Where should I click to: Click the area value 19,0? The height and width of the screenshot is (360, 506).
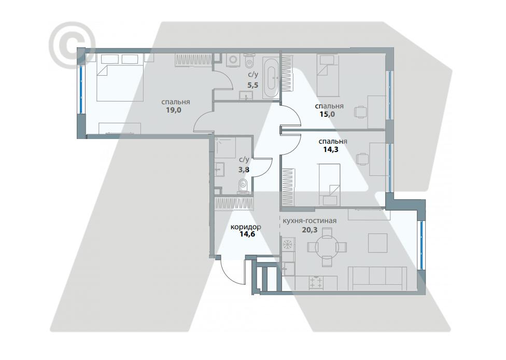(x=173, y=110)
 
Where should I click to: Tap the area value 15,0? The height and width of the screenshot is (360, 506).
(x=327, y=114)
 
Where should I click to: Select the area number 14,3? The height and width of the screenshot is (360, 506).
(x=331, y=149)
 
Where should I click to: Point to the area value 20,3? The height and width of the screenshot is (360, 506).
(x=310, y=230)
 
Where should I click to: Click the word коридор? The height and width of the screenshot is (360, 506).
(x=246, y=227)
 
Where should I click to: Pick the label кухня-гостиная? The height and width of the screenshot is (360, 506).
(x=310, y=221)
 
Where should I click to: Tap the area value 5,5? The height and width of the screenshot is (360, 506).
(x=253, y=85)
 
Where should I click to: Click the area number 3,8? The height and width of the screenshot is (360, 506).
(x=244, y=169)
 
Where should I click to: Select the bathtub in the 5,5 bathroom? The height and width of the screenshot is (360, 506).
(x=271, y=78)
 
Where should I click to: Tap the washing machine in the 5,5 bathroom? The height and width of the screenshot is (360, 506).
(x=233, y=60)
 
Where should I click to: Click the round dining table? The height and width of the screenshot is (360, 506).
(x=327, y=247)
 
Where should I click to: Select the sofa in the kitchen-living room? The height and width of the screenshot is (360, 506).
(x=379, y=278)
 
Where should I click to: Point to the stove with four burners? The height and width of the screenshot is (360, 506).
(x=316, y=283)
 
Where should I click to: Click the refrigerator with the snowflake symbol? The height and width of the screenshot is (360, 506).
(x=287, y=244)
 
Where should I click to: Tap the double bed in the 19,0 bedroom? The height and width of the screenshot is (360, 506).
(x=120, y=77)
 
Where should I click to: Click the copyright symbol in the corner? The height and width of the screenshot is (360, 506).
(x=72, y=45)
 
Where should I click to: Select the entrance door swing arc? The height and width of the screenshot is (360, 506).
(x=230, y=273)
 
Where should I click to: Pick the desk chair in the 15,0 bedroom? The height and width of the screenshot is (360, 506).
(x=360, y=112)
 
